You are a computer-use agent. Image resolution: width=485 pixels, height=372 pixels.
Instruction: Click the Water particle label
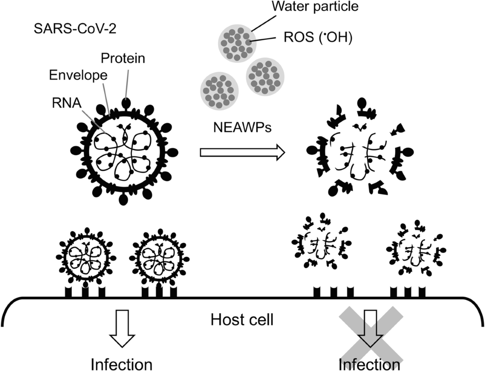(316, 6)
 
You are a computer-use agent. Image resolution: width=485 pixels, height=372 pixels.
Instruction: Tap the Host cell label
(242, 320)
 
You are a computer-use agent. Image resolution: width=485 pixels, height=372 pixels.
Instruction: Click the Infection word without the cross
(122, 364)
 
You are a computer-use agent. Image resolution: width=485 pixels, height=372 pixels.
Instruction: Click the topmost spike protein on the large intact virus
(127, 103)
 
